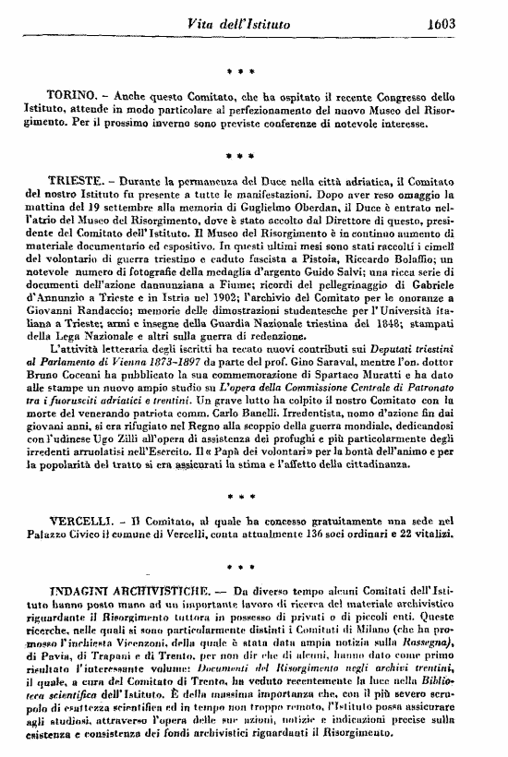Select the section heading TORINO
pos(70,95)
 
